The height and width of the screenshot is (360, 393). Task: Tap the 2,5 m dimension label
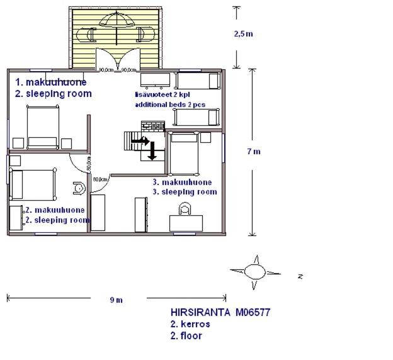point(243,34)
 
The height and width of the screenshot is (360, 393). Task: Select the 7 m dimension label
point(254,151)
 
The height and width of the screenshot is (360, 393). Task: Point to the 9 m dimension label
point(117,300)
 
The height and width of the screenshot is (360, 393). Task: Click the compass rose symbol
point(255,272)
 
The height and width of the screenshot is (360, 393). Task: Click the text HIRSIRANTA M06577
point(220,312)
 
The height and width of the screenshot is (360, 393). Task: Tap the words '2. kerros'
point(190,324)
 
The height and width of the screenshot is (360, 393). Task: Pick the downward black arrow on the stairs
point(152,151)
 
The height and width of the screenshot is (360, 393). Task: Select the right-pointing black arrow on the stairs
point(140,141)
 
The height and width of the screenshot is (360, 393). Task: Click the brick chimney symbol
point(153,127)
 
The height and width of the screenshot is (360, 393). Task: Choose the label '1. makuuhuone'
point(51,82)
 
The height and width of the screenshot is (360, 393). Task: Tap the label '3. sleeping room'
point(185,192)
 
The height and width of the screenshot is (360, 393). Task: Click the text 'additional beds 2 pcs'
point(170,104)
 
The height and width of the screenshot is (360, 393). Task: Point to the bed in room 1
point(43,127)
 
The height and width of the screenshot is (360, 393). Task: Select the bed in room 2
point(33,185)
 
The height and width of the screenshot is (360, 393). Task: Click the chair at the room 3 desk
point(185,208)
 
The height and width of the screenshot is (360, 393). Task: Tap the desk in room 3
point(186,223)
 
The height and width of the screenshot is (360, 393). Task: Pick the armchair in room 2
point(79,188)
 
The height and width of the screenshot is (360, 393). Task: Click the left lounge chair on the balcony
point(86,35)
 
